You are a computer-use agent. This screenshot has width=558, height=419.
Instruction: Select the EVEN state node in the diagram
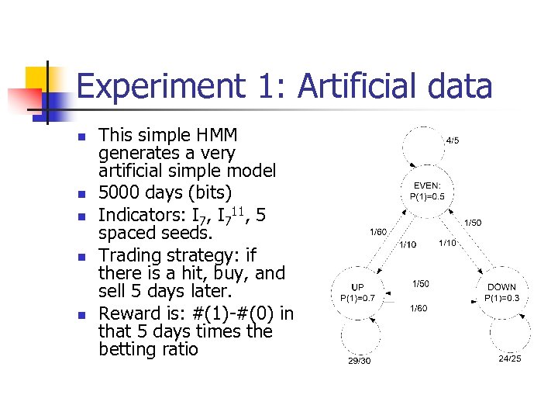[427, 191]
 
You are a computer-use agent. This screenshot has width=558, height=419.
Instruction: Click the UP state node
[357, 293]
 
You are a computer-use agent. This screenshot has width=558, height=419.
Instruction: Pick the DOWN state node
[501, 293]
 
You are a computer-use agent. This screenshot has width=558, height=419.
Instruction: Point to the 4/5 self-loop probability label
[452, 140]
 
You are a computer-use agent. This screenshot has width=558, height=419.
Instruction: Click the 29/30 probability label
[358, 362]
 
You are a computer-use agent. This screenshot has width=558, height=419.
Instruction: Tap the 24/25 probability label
[509, 358]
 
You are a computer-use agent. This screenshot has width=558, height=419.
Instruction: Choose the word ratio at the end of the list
[179, 349]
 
